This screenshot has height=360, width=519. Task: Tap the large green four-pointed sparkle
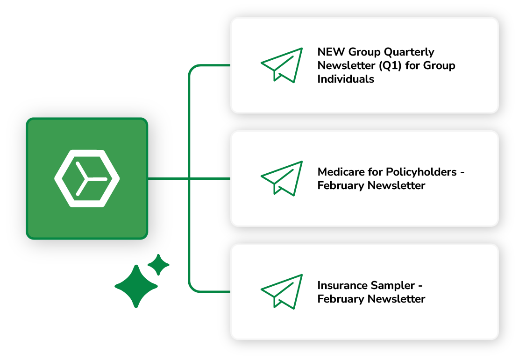[x=136, y=286]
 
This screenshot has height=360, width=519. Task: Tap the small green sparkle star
[x=158, y=265]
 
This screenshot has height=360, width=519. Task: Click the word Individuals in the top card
[x=346, y=79]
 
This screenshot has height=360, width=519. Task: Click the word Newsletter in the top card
[x=345, y=65]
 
